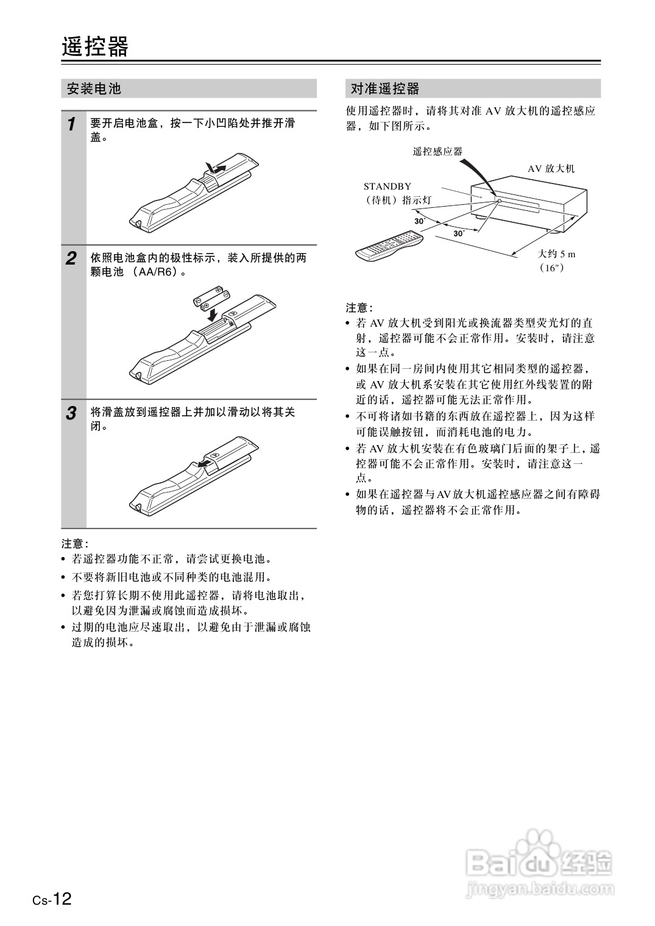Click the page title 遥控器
pos(95,47)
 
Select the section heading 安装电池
pos(94,89)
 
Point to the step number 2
pos(72,258)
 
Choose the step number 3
pos(72,413)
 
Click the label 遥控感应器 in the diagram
pos(437,152)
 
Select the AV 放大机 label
pos(551,169)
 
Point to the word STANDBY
pos(387,187)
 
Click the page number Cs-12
pos(52,899)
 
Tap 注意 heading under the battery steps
pos(75,543)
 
